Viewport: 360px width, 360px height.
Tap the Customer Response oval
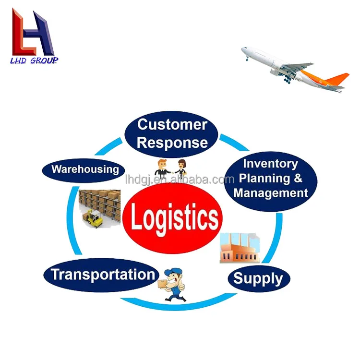click(x=172, y=127)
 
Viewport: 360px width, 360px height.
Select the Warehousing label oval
click(x=85, y=169)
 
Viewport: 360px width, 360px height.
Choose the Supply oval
click(x=258, y=278)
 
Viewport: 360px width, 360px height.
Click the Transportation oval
click(x=103, y=275)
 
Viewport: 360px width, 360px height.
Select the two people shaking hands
click(x=170, y=167)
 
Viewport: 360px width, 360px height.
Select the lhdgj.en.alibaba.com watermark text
click(x=179, y=180)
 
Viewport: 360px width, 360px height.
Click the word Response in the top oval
click(x=172, y=142)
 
